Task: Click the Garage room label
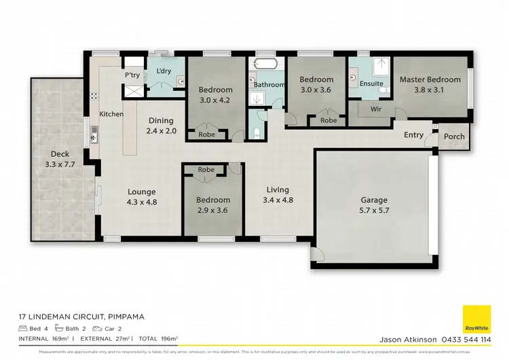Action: pyautogui.click(x=374, y=200)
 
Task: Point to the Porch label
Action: pyautogui.click(x=454, y=137)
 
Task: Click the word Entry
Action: pyautogui.click(x=413, y=135)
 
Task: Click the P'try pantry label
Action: pyautogui.click(x=132, y=75)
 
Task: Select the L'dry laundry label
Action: pyautogui.click(x=164, y=71)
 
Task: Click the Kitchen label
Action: pyautogui.click(x=111, y=114)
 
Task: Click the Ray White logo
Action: pyautogui.click(x=476, y=319)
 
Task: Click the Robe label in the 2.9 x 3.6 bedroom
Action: pyautogui.click(x=206, y=170)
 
